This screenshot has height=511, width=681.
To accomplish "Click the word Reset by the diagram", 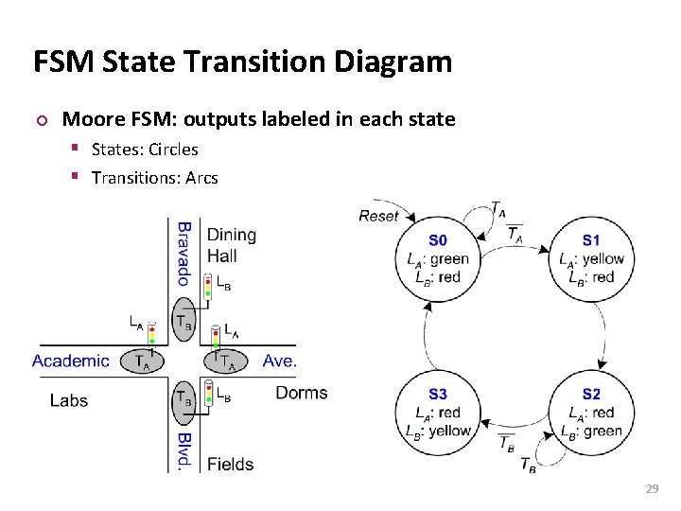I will point(378,216).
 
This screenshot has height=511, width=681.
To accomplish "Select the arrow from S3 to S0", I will point(427,336).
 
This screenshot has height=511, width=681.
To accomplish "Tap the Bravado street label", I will point(184,253).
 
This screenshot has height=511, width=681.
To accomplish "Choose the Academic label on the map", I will point(71,361).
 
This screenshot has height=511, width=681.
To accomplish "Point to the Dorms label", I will point(301,393).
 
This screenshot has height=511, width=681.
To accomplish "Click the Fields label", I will point(230,464).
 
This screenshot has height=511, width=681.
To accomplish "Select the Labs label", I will point(69,400).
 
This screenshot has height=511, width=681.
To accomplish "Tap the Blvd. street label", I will point(184,450).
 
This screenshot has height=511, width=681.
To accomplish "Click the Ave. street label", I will point(280,361).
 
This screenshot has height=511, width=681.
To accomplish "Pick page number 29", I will point(651,488).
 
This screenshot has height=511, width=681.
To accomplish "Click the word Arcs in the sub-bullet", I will point(201,177).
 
